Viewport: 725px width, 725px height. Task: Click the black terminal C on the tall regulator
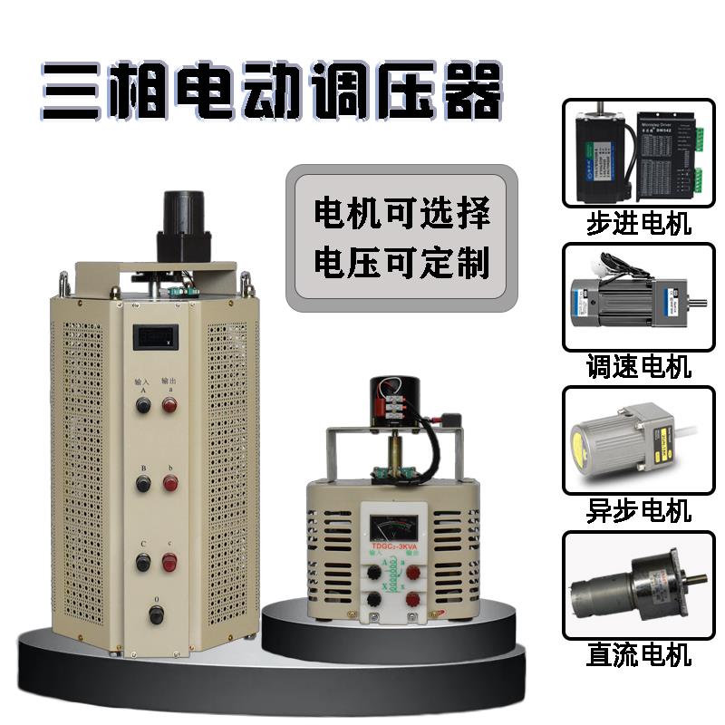click(x=143, y=562)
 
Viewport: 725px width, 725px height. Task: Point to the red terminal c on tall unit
click(x=169, y=562)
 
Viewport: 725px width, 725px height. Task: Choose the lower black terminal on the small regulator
click(x=373, y=599)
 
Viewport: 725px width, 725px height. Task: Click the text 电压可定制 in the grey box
click(x=401, y=263)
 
